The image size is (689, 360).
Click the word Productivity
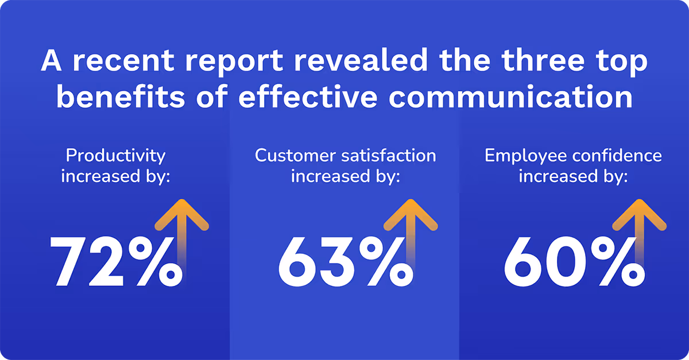pyautogui.click(x=115, y=156)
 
